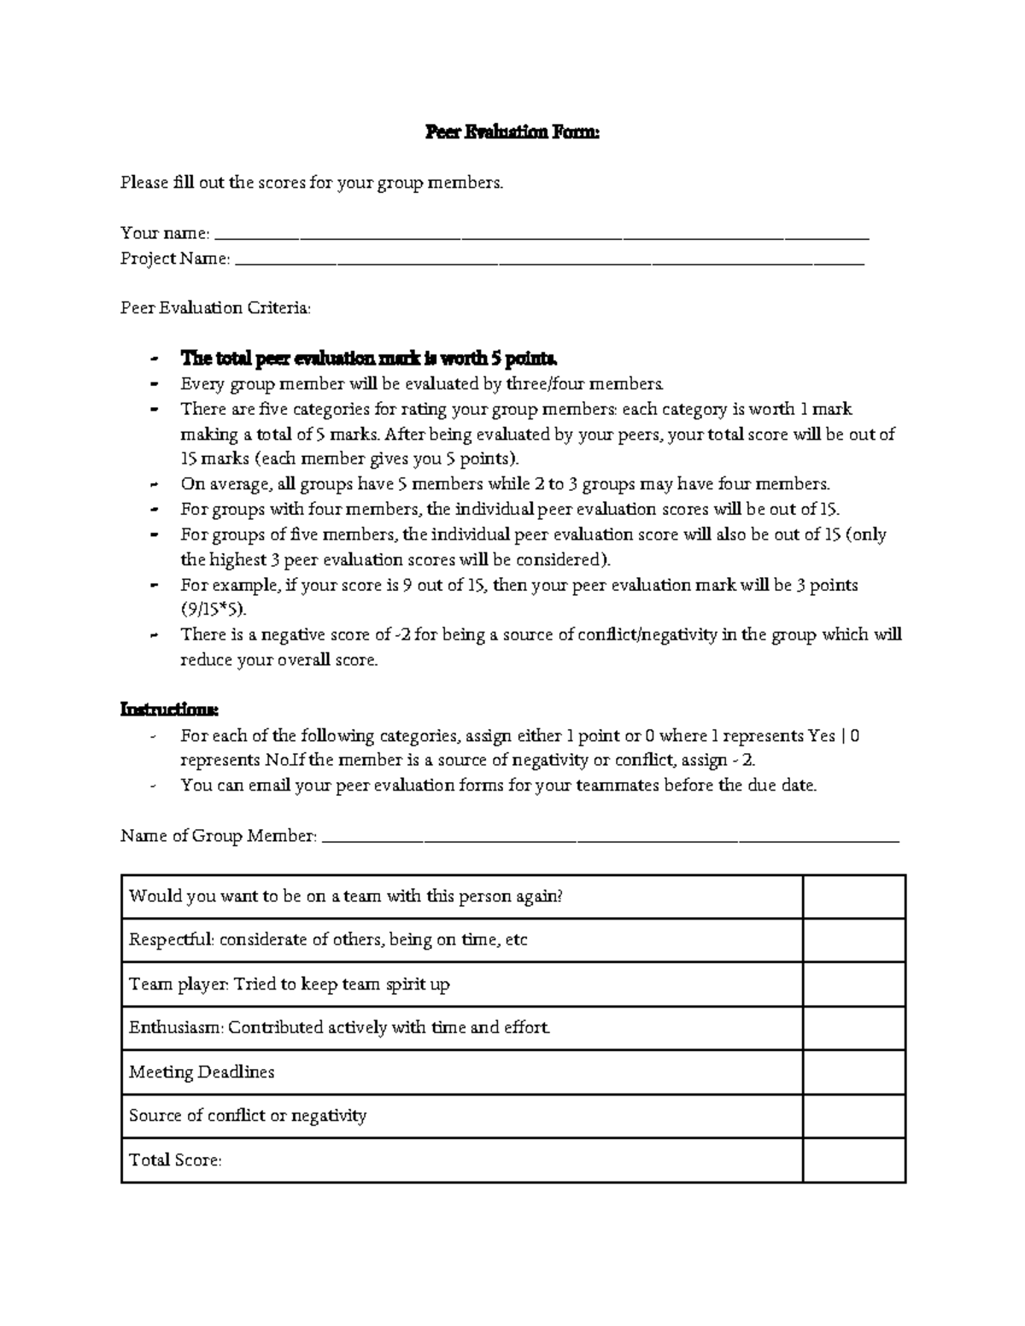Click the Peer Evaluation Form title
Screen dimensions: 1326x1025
pyautogui.click(x=512, y=132)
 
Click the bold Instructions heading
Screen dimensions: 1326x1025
pyautogui.click(x=169, y=710)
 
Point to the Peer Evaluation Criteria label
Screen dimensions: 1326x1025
pyautogui.click(x=216, y=308)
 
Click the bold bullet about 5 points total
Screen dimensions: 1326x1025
pyautogui.click(x=369, y=358)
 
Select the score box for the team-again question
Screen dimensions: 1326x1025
pyautogui.click(x=853, y=897)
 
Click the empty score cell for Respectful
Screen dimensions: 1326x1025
pyautogui.click(x=853, y=940)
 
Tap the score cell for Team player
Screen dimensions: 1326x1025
pyautogui.click(x=853, y=984)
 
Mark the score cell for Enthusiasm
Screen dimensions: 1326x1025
pyautogui.click(x=853, y=1028)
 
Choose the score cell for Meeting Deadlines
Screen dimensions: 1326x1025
pyautogui.click(x=853, y=1072)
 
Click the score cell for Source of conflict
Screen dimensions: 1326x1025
pyautogui.click(x=853, y=1116)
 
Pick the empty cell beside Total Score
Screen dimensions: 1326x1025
pyautogui.click(x=853, y=1160)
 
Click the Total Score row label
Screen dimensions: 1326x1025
pyautogui.click(x=175, y=1160)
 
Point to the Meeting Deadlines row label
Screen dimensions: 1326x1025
pyautogui.click(x=202, y=1072)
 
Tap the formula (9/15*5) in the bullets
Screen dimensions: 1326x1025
pyautogui.click(x=217, y=610)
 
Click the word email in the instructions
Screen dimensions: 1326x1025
pyautogui.click(x=270, y=786)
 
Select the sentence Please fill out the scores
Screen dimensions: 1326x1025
pyautogui.click(x=312, y=183)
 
